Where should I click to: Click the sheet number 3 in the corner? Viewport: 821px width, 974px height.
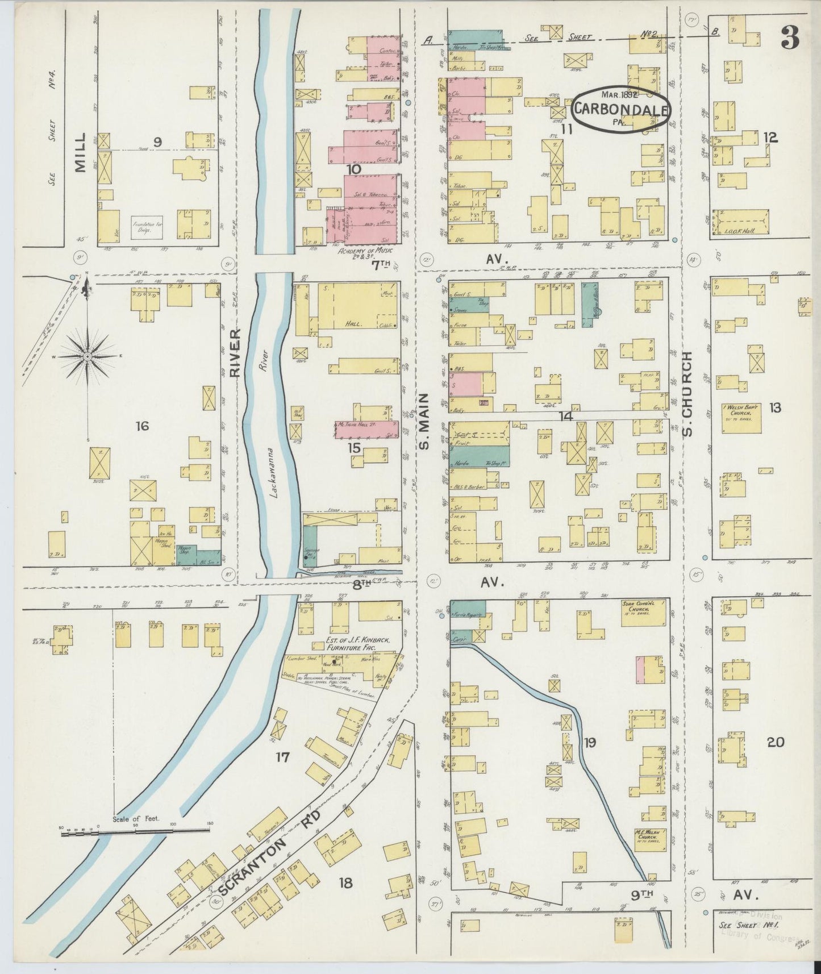pos(790,38)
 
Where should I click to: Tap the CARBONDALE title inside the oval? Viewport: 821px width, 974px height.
pos(620,110)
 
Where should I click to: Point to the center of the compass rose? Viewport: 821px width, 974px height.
pos(87,356)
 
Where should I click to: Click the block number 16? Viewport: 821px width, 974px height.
pos(142,425)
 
